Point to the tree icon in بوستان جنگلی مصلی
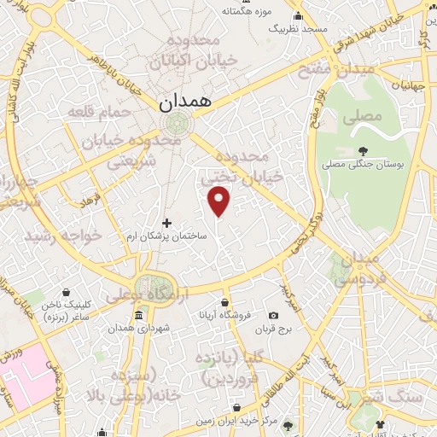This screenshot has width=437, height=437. point(364,150)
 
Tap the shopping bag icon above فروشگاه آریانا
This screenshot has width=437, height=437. point(225,302)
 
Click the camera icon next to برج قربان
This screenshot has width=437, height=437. point(273,316)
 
